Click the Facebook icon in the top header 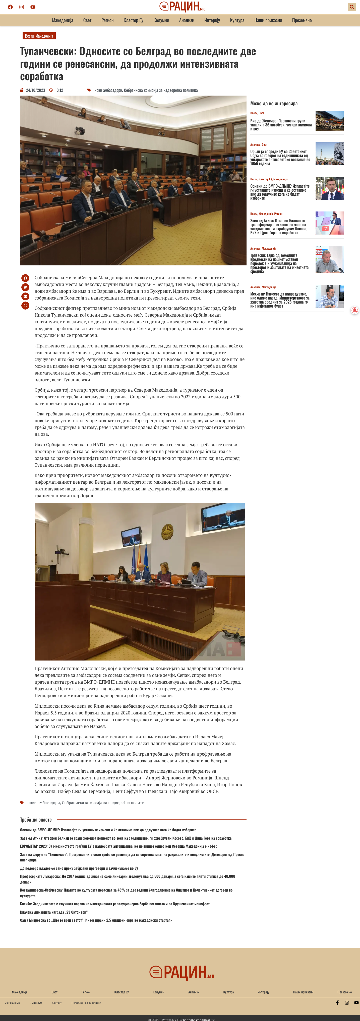(10, 7)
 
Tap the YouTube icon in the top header (33, 7)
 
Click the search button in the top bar (351, 7)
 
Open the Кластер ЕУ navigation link (133, 20)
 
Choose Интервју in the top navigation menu (212, 20)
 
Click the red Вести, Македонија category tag (39, 36)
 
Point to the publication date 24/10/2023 (35, 90)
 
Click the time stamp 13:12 (59, 90)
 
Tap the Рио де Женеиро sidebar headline (281, 125)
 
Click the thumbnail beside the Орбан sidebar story (329, 154)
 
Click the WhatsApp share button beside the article (25, 306)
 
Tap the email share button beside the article (25, 297)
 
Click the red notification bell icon (355, 310)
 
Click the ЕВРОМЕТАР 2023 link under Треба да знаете (118, 846)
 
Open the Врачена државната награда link (54, 912)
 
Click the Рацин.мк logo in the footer (182, 972)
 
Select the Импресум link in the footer (36, 1003)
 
